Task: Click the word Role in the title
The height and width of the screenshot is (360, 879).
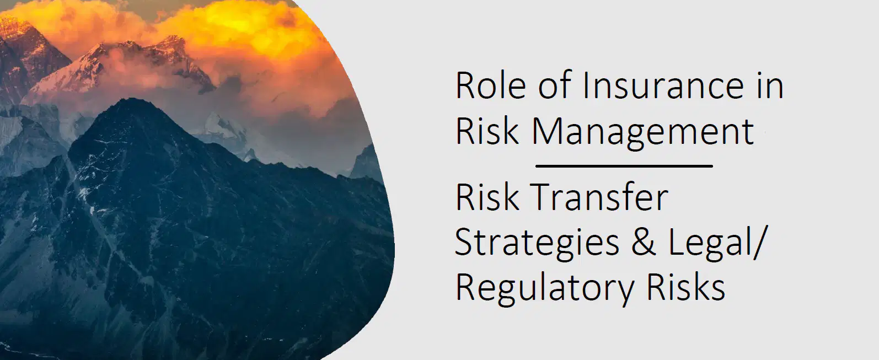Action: pos(491,85)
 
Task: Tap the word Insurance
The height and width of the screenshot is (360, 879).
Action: pos(663,85)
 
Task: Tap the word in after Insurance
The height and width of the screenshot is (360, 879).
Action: pos(769,85)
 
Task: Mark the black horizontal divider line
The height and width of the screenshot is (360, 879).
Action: pos(624,166)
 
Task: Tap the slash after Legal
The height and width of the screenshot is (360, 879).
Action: pos(758,243)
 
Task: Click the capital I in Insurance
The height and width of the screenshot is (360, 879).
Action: pos(586,85)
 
